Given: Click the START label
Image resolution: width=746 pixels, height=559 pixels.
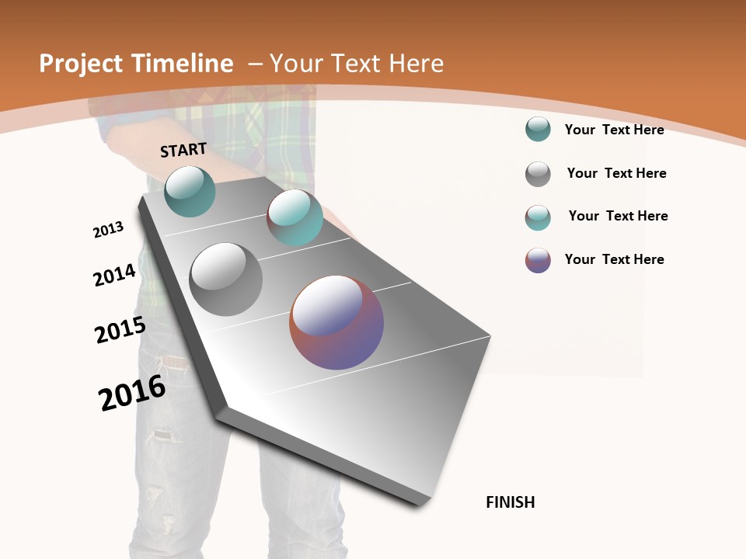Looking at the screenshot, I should [183, 150].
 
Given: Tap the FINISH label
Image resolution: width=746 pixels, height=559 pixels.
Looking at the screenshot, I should [510, 502].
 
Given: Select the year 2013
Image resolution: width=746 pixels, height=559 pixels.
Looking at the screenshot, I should [108, 230].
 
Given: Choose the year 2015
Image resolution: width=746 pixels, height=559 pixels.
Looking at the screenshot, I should [120, 330].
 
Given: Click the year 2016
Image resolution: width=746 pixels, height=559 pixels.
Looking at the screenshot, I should [132, 393].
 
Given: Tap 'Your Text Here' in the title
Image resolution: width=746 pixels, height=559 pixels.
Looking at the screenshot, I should [357, 64].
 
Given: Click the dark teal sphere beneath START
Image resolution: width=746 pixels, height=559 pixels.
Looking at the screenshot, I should [190, 191].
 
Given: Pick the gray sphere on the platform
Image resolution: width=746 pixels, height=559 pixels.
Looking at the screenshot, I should [225, 279].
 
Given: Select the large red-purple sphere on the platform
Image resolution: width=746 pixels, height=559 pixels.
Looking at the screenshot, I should [336, 322].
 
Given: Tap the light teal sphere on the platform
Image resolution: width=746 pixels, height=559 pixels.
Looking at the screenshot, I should [295, 217].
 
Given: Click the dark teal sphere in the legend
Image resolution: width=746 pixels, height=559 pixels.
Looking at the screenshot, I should [538, 129].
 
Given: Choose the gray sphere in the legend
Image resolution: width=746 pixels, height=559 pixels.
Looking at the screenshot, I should [538, 174].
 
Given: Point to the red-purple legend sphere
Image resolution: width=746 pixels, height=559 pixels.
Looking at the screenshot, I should [538, 260].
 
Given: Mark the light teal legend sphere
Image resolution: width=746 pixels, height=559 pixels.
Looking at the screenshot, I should [538, 217].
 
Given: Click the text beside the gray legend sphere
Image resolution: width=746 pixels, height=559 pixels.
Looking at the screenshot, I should [616, 173].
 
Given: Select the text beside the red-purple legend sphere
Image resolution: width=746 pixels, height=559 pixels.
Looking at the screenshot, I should [614, 259].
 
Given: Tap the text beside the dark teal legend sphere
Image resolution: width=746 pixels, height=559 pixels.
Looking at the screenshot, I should [614, 130].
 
